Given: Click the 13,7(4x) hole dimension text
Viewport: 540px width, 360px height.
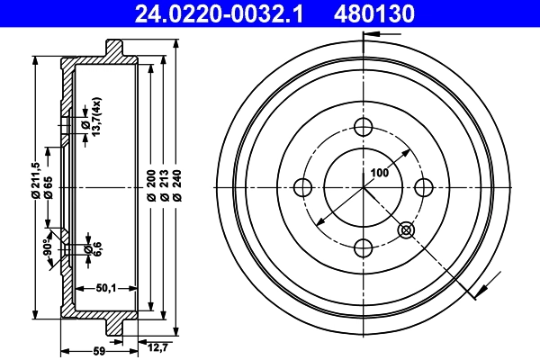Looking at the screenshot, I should point(95,115).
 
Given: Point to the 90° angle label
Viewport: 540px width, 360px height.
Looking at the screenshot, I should point(47,246).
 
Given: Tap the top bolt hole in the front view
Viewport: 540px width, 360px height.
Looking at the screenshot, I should point(363,126).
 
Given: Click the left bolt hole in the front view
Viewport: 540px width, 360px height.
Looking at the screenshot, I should point(302,187).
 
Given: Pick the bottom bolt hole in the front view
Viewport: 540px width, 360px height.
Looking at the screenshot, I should point(363,247).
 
